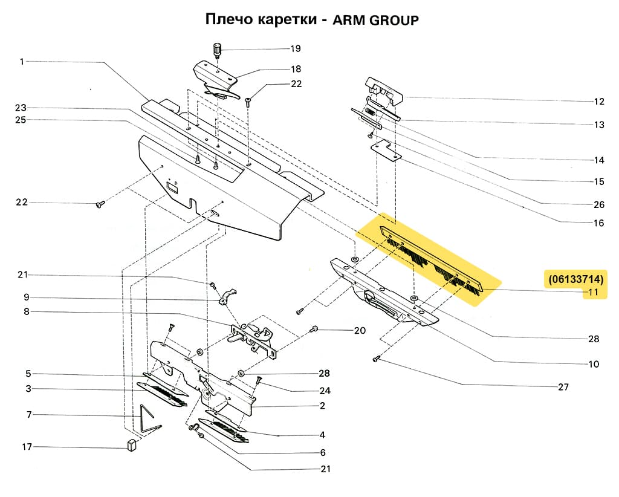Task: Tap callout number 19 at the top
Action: (295, 48)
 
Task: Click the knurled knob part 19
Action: (217, 49)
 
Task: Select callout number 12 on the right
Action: (599, 101)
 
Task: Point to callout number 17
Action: (26, 447)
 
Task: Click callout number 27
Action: (563, 387)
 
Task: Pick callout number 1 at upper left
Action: (22, 61)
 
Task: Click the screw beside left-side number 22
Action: (100, 206)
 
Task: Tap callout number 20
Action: (360, 331)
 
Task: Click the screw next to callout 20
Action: (314, 328)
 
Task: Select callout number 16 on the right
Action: (598, 223)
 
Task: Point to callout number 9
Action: (26, 297)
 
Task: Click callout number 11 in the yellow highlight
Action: (594, 293)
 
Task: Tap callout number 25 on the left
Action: (22, 120)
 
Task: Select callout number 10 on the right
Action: (593, 364)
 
